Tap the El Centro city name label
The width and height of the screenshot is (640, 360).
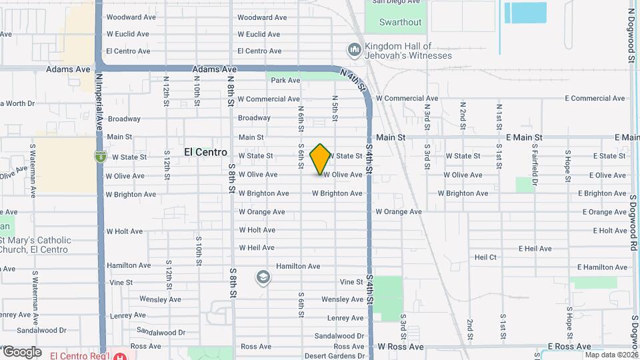(x=205, y=153)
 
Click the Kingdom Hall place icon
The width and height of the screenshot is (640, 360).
(x=354, y=50)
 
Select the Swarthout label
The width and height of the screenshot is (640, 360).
(x=400, y=22)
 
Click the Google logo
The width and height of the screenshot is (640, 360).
(x=21, y=351)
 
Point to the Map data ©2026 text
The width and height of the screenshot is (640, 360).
(x=611, y=355)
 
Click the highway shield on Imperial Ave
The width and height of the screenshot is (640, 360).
(x=100, y=157)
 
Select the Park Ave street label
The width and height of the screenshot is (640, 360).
(x=285, y=81)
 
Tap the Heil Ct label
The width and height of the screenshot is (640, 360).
(x=485, y=257)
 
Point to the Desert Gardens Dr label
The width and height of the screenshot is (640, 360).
(x=339, y=355)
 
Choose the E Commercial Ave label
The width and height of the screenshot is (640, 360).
(x=596, y=99)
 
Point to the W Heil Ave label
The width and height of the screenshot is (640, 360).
(x=257, y=247)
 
